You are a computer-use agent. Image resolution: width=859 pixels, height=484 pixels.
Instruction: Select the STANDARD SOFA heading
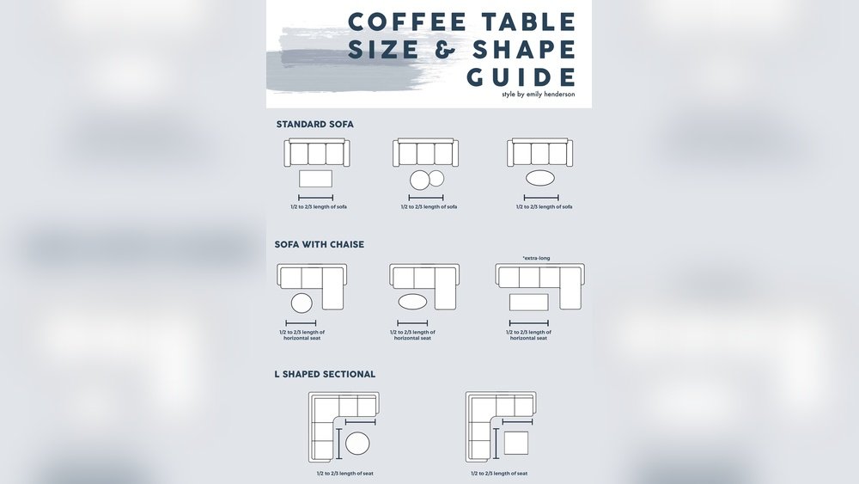pos(314,124)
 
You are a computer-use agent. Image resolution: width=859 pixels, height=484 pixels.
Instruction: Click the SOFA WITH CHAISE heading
pos(320,244)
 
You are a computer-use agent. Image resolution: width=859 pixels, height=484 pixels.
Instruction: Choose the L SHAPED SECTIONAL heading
pos(325,374)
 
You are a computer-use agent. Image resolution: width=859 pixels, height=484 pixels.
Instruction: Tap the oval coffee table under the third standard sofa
pos(539,180)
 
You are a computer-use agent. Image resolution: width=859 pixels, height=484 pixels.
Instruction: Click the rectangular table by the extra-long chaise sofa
pos(529,303)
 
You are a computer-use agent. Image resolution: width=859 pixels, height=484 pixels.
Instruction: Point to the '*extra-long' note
pos(536,258)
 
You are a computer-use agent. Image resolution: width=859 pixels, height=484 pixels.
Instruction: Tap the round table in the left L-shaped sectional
pos(356,444)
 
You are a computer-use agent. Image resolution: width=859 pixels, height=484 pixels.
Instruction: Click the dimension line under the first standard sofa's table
pos(314,198)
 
